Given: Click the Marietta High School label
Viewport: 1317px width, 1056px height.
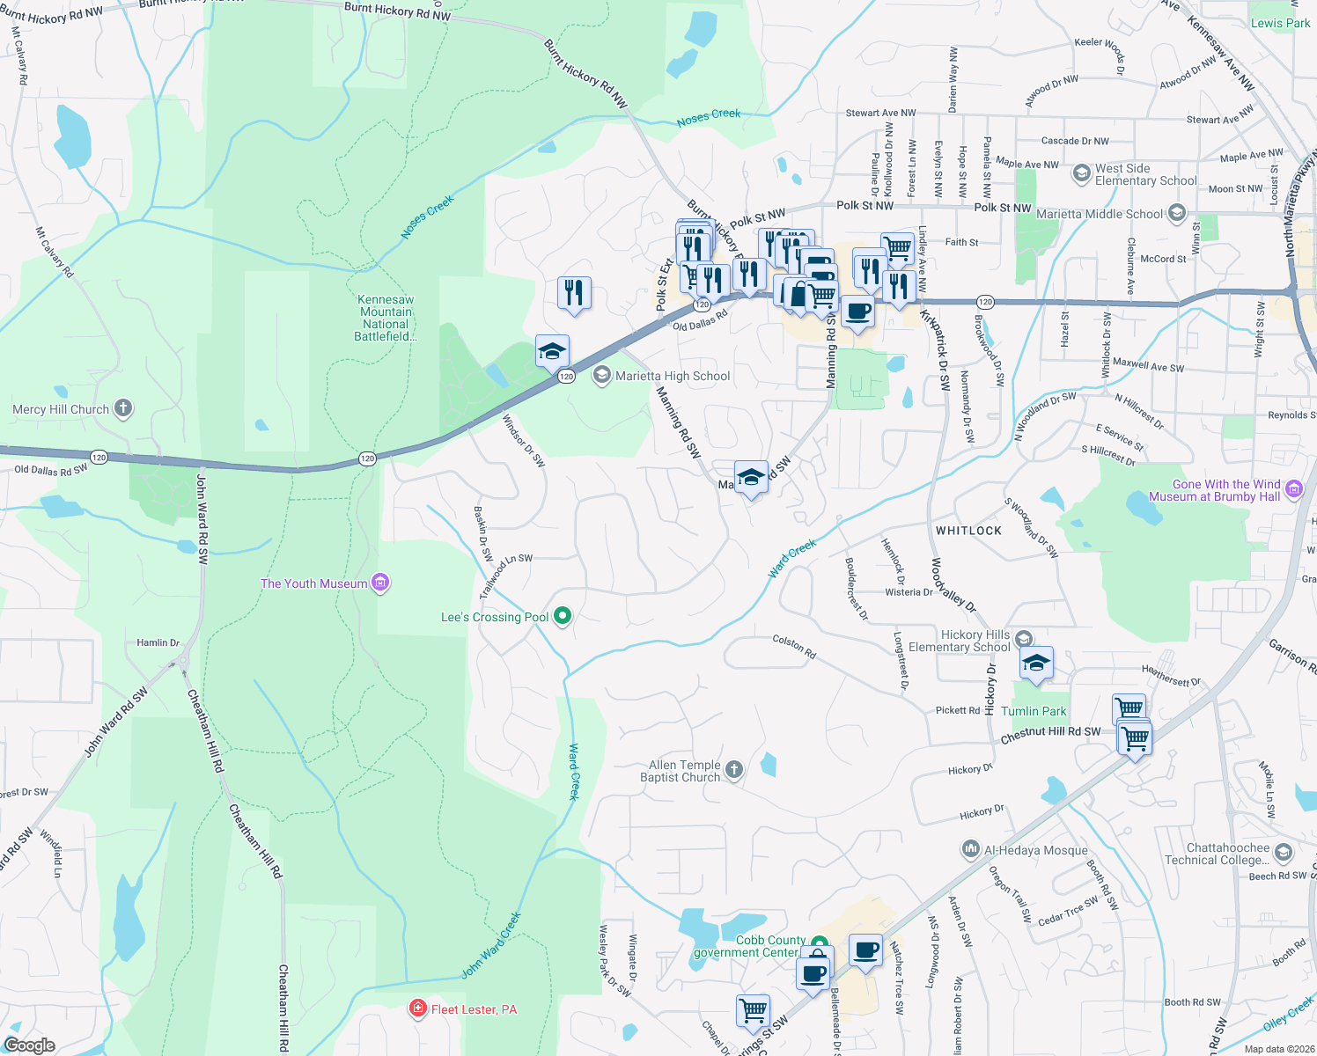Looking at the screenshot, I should pyautogui.click(x=673, y=376).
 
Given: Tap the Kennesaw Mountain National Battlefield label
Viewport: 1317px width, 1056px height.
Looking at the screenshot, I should pyautogui.click(x=386, y=318).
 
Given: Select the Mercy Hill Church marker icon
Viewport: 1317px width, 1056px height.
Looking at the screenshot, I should pyautogui.click(x=123, y=408).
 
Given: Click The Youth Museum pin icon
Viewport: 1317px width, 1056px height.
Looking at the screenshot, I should pyautogui.click(x=380, y=583).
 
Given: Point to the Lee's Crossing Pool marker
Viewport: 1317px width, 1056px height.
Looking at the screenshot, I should pyautogui.click(x=563, y=617).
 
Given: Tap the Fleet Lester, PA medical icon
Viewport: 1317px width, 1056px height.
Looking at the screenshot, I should pyautogui.click(x=419, y=1008).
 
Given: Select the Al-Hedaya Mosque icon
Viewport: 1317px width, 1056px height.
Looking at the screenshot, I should pyautogui.click(x=970, y=849).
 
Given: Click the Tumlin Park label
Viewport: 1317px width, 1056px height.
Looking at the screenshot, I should pyautogui.click(x=1034, y=711).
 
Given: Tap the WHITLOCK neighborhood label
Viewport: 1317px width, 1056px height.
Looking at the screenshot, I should pyautogui.click(x=968, y=531).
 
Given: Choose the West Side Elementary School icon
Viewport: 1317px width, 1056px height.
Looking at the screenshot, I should pyautogui.click(x=1082, y=173).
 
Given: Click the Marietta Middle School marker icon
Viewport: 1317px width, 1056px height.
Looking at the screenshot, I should pyautogui.click(x=1177, y=214).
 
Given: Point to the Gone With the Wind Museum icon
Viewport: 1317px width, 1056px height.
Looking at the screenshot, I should pyautogui.click(x=1294, y=489).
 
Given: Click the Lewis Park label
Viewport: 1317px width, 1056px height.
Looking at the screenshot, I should pyautogui.click(x=1280, y=23).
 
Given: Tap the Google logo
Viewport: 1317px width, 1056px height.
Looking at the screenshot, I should pyautogui.click(x=29, y=1045).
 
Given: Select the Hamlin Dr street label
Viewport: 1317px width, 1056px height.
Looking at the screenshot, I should pyautogui.click(x=158, y=642).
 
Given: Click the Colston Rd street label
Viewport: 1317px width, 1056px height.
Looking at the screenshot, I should pyautogui.click(x=794, y=647).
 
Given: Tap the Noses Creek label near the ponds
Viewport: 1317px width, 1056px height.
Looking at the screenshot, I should pyautogui.click(x=709, y=117).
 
